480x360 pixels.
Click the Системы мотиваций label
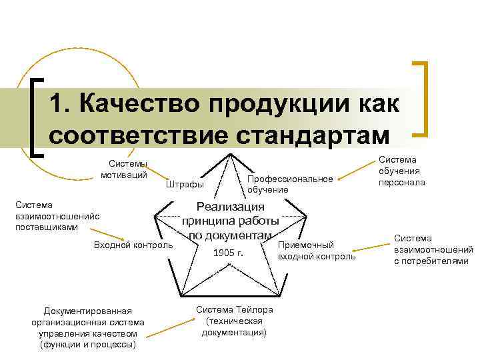pyautogui.click(x=124, y=170)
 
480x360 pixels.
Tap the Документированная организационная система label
pyautogui.click(x=87, y=327)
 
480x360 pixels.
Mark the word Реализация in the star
pyautogui.click(x=230, y=207)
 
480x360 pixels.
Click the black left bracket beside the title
pyautogui.click(x=37, y=117)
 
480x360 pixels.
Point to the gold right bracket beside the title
pyautogui.click(x=421, y=99)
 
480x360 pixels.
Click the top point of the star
pyautogui.click(x=229, y=155)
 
